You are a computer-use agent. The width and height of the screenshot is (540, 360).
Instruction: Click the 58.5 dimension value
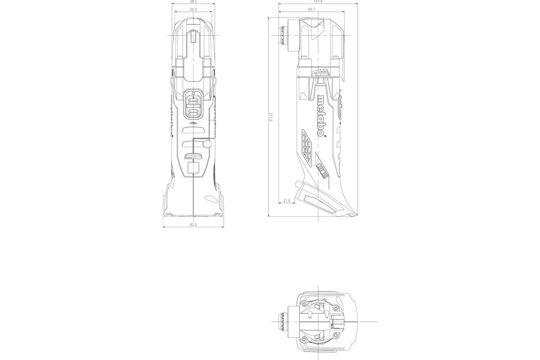(193, 2)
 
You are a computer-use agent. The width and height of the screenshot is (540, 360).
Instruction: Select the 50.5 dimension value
(193, 9)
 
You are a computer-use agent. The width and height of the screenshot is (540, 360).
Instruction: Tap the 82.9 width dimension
(193, 225)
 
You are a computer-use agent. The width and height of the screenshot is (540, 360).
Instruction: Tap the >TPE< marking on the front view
(193, 123)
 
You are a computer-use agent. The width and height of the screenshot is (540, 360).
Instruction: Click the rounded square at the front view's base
(193, 168)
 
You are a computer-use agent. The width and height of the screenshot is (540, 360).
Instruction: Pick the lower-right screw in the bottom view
(335, 339)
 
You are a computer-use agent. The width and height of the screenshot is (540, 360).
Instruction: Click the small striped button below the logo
(321, 171)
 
